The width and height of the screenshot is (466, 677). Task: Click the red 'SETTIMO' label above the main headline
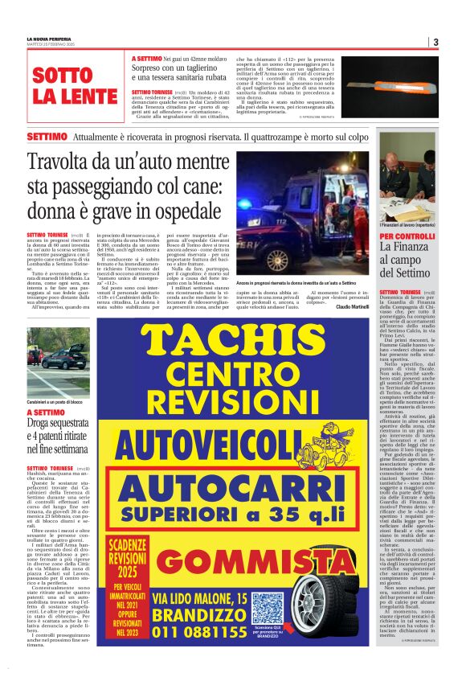tap(47, 137)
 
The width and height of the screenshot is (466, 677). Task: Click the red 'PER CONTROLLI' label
tap(407, 236)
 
